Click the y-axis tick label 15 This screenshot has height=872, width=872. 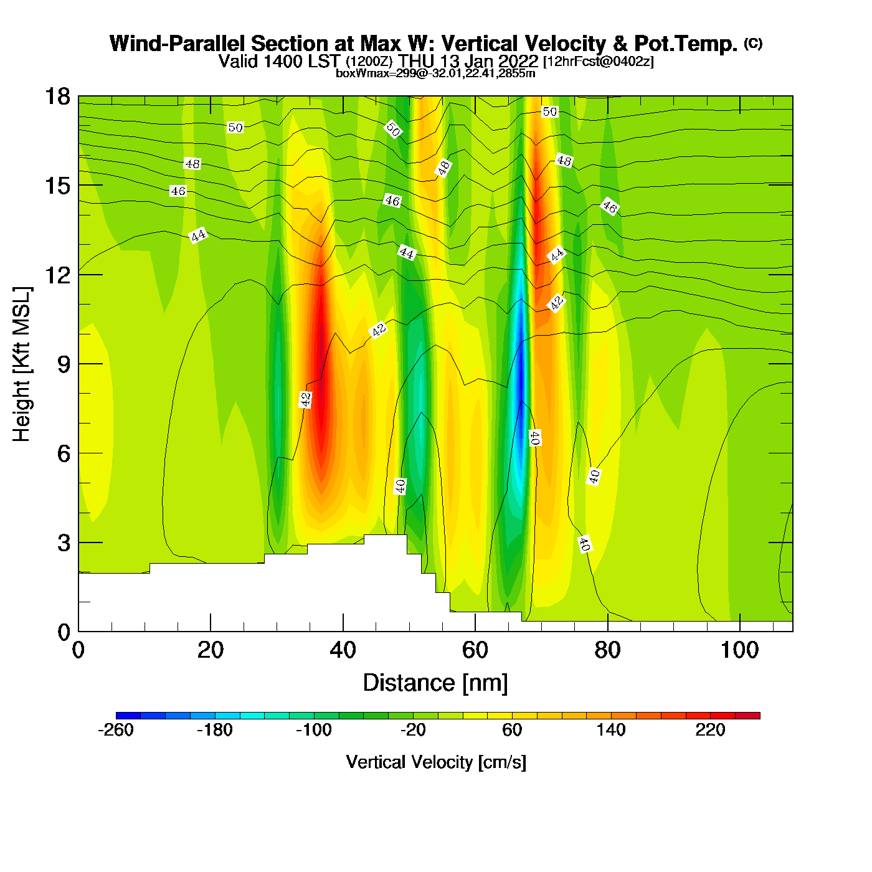[x=57, y=186]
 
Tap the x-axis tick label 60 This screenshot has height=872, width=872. [x=475, y=650]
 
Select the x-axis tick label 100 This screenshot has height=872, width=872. [x=739, y=650]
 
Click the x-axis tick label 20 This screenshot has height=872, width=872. [x=211, y=650]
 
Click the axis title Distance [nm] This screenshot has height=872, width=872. [x=435, y=683]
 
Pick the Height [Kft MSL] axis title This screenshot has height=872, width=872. [x=22, y=364]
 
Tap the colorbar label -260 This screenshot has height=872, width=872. [x=116, y=730]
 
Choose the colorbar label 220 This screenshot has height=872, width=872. [x=710, y=730]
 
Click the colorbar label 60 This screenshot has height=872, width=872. [x=512, y=730]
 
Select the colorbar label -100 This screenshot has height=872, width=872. [x=314, y=730]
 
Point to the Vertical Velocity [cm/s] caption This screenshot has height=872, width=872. [x=436, y=762]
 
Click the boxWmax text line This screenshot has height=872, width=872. [x=435, y=73]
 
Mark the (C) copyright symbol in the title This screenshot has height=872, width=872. [x=753, y=43]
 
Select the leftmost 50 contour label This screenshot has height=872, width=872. [x=235, y=128]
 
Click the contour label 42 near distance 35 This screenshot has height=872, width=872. [x=305, y=399]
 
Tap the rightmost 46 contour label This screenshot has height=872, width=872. [x=609, y=206]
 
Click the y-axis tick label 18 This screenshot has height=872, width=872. [x=57, y=97]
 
